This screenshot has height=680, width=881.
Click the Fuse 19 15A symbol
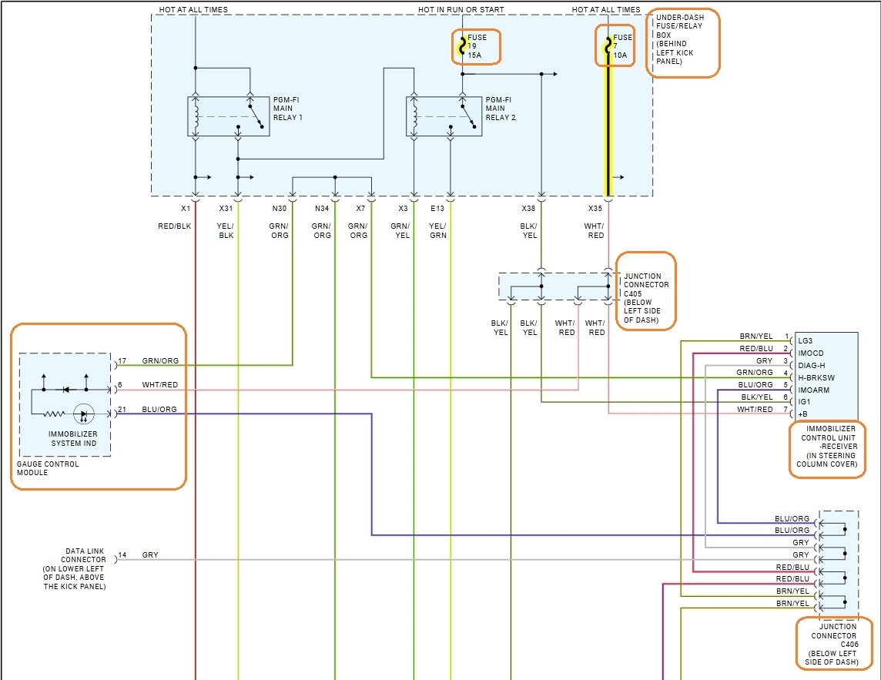click(462, 46)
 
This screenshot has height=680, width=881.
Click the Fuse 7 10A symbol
click(608, 46)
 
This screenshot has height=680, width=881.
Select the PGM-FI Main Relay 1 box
click(229, 116)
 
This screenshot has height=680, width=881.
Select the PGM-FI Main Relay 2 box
click(444, 116)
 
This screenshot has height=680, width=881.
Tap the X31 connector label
click(226, 209)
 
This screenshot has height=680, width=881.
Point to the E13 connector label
click(437, 209)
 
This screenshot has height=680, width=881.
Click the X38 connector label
click(528, 209)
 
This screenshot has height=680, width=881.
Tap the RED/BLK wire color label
click(175, 226)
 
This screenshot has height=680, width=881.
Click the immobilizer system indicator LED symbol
click(83, 414)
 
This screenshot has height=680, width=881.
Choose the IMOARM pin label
click(813, 390)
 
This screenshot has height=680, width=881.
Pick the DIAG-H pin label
click(812, 365)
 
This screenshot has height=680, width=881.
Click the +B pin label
click(803, 414)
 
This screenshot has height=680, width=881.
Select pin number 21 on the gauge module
click(122, 410)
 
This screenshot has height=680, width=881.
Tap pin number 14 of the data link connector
click(122, 555)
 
